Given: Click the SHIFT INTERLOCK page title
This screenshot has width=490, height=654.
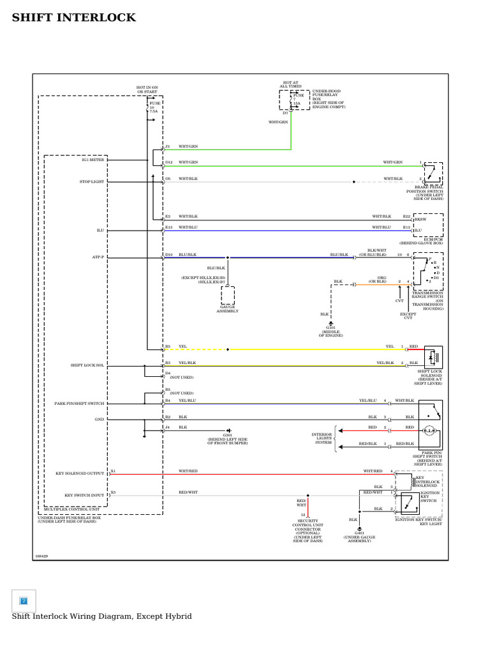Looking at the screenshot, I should (x=74, y=18).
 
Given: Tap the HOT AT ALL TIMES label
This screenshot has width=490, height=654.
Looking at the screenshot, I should (x=291, y=84).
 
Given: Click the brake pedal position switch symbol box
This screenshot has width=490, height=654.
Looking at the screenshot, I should (x=433, y=173).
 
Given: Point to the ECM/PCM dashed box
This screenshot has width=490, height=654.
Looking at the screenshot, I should (x=428, y=225).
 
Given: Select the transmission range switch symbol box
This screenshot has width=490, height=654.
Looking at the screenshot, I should (x=427, y=271).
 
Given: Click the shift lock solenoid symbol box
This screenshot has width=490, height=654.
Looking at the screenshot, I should (x=433, y=356).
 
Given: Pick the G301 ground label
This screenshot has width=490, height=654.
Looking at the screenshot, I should (x=227, y=438).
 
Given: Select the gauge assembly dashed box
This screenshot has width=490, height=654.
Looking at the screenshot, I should (x=228, y=295).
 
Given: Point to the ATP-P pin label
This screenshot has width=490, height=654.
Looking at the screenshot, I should (x=97, y=257).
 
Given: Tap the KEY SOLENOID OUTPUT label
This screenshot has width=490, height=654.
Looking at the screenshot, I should (x=79, y=474).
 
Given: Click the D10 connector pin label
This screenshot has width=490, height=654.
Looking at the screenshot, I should (x=168, y=255).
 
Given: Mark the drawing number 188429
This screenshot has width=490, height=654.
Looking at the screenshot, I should (x=41, y=556).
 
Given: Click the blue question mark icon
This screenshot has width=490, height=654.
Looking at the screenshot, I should (x=24, y=600).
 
